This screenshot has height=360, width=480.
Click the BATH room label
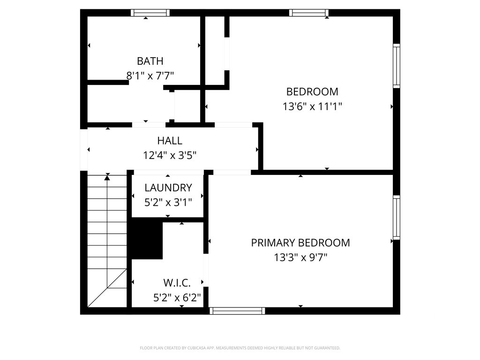coord(150,61)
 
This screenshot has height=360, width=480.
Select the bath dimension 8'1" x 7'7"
coord(150,75)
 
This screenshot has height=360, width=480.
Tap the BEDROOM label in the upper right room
coord(312,92)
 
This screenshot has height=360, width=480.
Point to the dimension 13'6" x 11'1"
coord(312,107)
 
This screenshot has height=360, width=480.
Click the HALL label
coord(170,141)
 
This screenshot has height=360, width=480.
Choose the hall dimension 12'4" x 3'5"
coord(170,155)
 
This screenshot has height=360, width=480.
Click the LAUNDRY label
coord(168,188)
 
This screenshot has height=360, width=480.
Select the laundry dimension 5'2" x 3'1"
coord(168,202)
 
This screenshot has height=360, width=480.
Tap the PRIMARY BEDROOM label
coord(300,243)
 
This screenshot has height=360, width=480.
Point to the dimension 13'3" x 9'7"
coord(300,257)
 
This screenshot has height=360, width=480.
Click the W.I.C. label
coord(177,283)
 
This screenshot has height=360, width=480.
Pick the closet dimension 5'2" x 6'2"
coord(177,297)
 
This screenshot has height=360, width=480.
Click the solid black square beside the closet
coord(147,240)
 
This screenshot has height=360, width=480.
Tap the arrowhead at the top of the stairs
coord(107,177)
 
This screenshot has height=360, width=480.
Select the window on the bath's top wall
coord(150,13)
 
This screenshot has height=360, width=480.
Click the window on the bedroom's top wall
coord(308,13)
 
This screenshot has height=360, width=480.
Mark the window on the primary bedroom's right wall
coord(397,218)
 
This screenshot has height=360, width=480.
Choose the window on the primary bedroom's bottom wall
coord(237,310)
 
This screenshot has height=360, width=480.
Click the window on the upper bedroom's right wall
coord(397,66)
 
